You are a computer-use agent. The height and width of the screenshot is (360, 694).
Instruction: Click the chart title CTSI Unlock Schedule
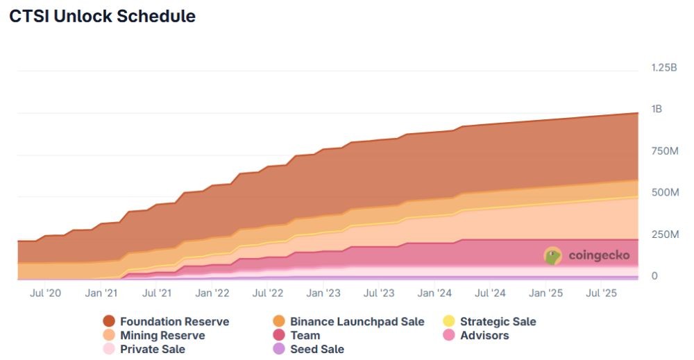point(102,17)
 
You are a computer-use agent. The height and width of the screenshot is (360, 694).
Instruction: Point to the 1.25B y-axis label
point(665,67)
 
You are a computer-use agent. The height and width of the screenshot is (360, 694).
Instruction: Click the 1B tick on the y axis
point(656,109)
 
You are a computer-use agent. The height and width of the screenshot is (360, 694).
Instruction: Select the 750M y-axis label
point(664,151)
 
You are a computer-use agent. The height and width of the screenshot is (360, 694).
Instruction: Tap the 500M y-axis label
point(664,192)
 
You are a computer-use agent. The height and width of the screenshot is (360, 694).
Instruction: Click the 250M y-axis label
point(664,234)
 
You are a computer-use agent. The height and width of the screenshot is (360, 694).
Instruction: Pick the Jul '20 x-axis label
point(45,293)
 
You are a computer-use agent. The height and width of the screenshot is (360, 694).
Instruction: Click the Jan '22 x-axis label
point(212,293)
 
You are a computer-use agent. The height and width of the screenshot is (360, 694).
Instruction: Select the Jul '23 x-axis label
point(379,293)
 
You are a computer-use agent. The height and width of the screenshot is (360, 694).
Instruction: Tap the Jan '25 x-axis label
point(545,293)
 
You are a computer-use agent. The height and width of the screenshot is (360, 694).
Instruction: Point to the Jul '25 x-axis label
point(601,293)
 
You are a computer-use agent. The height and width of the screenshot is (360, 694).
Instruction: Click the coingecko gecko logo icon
point(552,256)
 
